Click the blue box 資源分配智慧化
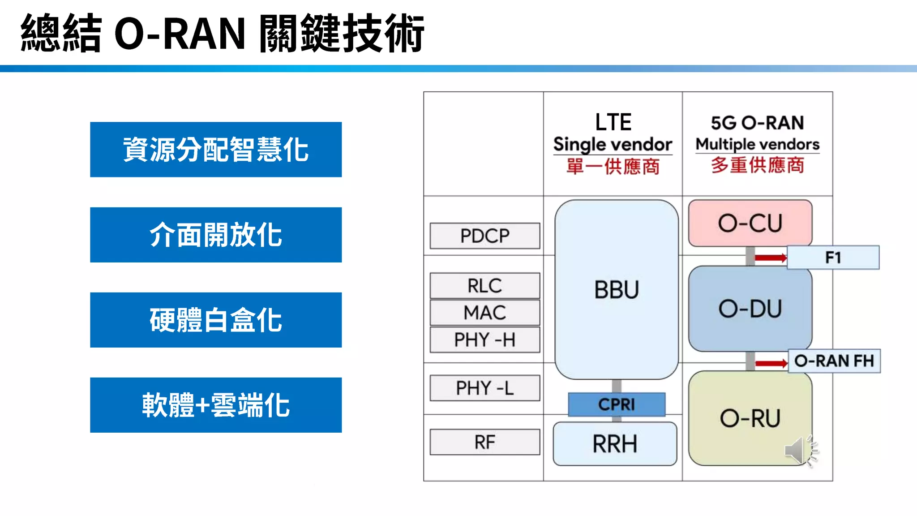[x=216, y=150]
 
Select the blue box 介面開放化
[x=216, y=235]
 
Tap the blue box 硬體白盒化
[x=216, y=320]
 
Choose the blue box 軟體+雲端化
[x=216, y=405]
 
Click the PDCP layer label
[x=485, y=236]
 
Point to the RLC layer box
[x=485, y=285]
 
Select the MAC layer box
[x=485, y=312]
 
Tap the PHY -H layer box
[x=485, y=340]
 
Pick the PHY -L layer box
[x=485, y=388]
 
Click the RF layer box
[x=485, y=442]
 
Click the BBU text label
[x=617, y=290]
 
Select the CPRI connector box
[x=617, y=404]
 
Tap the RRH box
[x=615, y=444]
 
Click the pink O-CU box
[x=750, y=223]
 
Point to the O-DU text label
[x=750, y=309]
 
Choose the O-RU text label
[x=750, y=418]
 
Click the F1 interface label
[x=833, y=258]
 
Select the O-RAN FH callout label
[x=834, y=361]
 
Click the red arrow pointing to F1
[x=770, y=258]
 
